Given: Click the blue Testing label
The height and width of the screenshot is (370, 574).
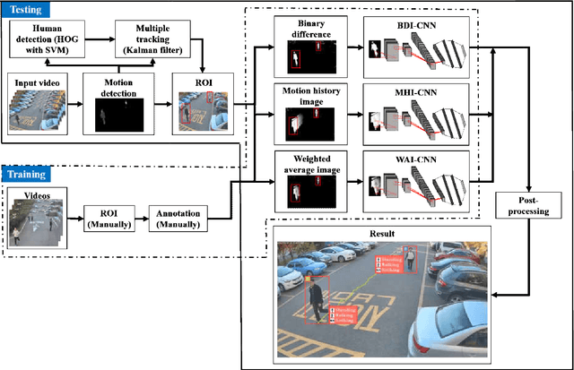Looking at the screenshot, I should [26, 10].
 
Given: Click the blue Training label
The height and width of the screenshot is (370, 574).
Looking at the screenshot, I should [28, 175].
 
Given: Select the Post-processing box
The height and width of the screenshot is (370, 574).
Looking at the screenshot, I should [522, 206].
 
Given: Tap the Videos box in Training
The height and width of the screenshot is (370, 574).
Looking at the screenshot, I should [37, 215].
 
